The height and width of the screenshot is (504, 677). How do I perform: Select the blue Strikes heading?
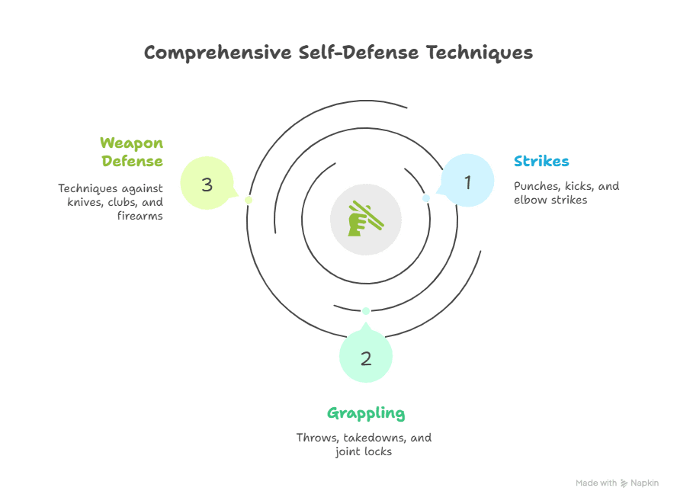pos(541,162)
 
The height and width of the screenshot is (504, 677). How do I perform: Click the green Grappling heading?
pos(366,414)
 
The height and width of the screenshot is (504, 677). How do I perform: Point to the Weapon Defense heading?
pos(131,152)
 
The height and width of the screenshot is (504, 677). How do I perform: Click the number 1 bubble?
pos(468,181)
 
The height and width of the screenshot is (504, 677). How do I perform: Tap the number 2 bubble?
pos(366,358)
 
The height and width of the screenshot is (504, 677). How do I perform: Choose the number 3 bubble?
pos(207,184)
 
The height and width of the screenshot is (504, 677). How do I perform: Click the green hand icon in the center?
pos(365,218)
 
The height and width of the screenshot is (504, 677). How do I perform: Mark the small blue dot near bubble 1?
pos(426,198)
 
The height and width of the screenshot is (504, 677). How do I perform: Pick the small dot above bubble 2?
pos(366,310)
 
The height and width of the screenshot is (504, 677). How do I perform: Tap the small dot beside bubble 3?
pos(248,200)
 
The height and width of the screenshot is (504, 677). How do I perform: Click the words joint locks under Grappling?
pos(363,451)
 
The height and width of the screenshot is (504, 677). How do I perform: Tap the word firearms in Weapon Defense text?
pos(140,216)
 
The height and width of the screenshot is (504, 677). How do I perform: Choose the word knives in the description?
pos(79,202)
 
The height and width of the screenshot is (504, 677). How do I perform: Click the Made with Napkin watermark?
pos(617,483)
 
